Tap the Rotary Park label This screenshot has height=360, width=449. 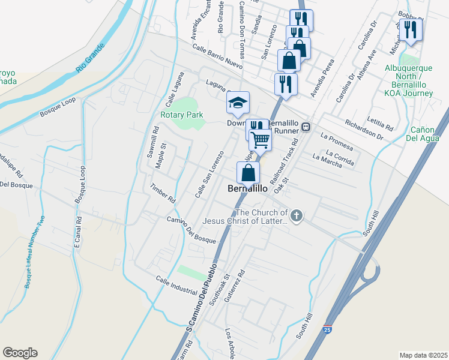pos(181,115)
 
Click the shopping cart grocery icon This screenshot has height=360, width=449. pos(261,139)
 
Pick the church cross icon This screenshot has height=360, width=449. pos(295,215)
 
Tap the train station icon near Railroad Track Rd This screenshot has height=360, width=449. pos(306,127)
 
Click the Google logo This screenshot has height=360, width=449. pos(20,353)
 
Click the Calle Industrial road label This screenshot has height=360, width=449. pos(176,285)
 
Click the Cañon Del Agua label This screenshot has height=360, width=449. pos(426,134)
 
